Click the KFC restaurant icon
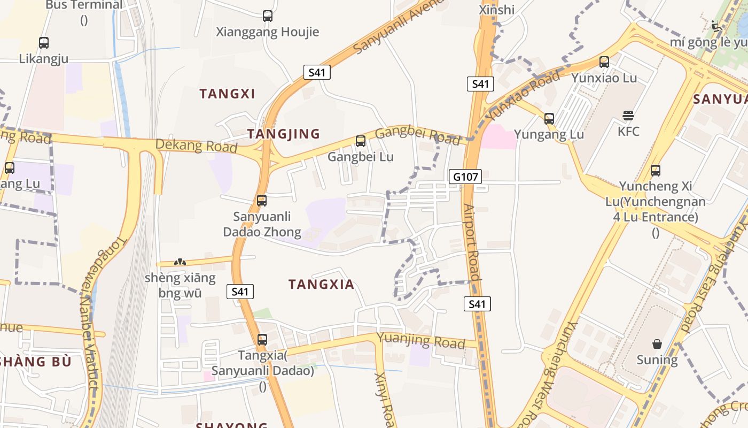click(628, 115)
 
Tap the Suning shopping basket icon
click(657, 344)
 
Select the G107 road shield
click(465, 177)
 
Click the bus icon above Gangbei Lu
click(361, 141)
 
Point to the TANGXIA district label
click(321, 285)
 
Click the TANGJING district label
click(283, 134)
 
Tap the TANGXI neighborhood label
click(227, 94)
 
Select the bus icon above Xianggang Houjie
click(268, 16)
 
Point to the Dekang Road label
click(196, 146)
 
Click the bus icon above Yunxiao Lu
click(604, 62)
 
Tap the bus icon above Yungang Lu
click(549, 118)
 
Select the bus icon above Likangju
click(44, 42)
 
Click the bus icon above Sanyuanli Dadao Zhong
click(262, 201)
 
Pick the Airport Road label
click(472, 242)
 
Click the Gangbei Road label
click(417, 135)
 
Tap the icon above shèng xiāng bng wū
click(180, 262)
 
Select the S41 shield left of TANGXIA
click(240, 292)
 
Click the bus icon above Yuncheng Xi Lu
click(656, 171)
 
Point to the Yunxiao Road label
click(522, 94)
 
